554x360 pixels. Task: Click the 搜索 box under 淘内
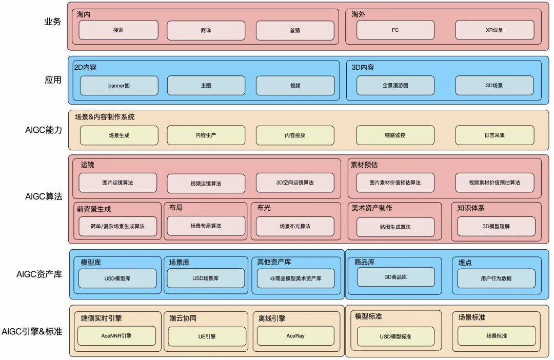(118, 30)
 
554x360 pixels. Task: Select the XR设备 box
(494, 30)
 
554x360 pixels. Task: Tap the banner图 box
(118, 86)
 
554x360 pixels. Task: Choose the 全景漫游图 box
(395, 86)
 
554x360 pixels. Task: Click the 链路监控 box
(395, 135)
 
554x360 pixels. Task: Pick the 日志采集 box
(494, 135)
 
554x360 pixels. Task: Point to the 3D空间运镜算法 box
(295, 183)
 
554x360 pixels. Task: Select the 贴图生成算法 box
(395, 227)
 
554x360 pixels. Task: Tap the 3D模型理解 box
(496, 226)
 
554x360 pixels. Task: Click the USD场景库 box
(206, 278)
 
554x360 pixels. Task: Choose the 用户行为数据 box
(496, 278)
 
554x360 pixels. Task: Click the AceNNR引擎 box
(117, 336)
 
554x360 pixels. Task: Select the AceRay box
(295, 336)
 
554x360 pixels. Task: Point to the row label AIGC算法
(44, 197)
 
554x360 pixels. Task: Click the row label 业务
(53, 22)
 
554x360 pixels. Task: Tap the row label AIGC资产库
(39, 274)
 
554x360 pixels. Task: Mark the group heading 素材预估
(364, 165)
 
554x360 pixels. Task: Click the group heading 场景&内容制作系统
(105, 117)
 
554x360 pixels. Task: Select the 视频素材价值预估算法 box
(494, 183)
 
